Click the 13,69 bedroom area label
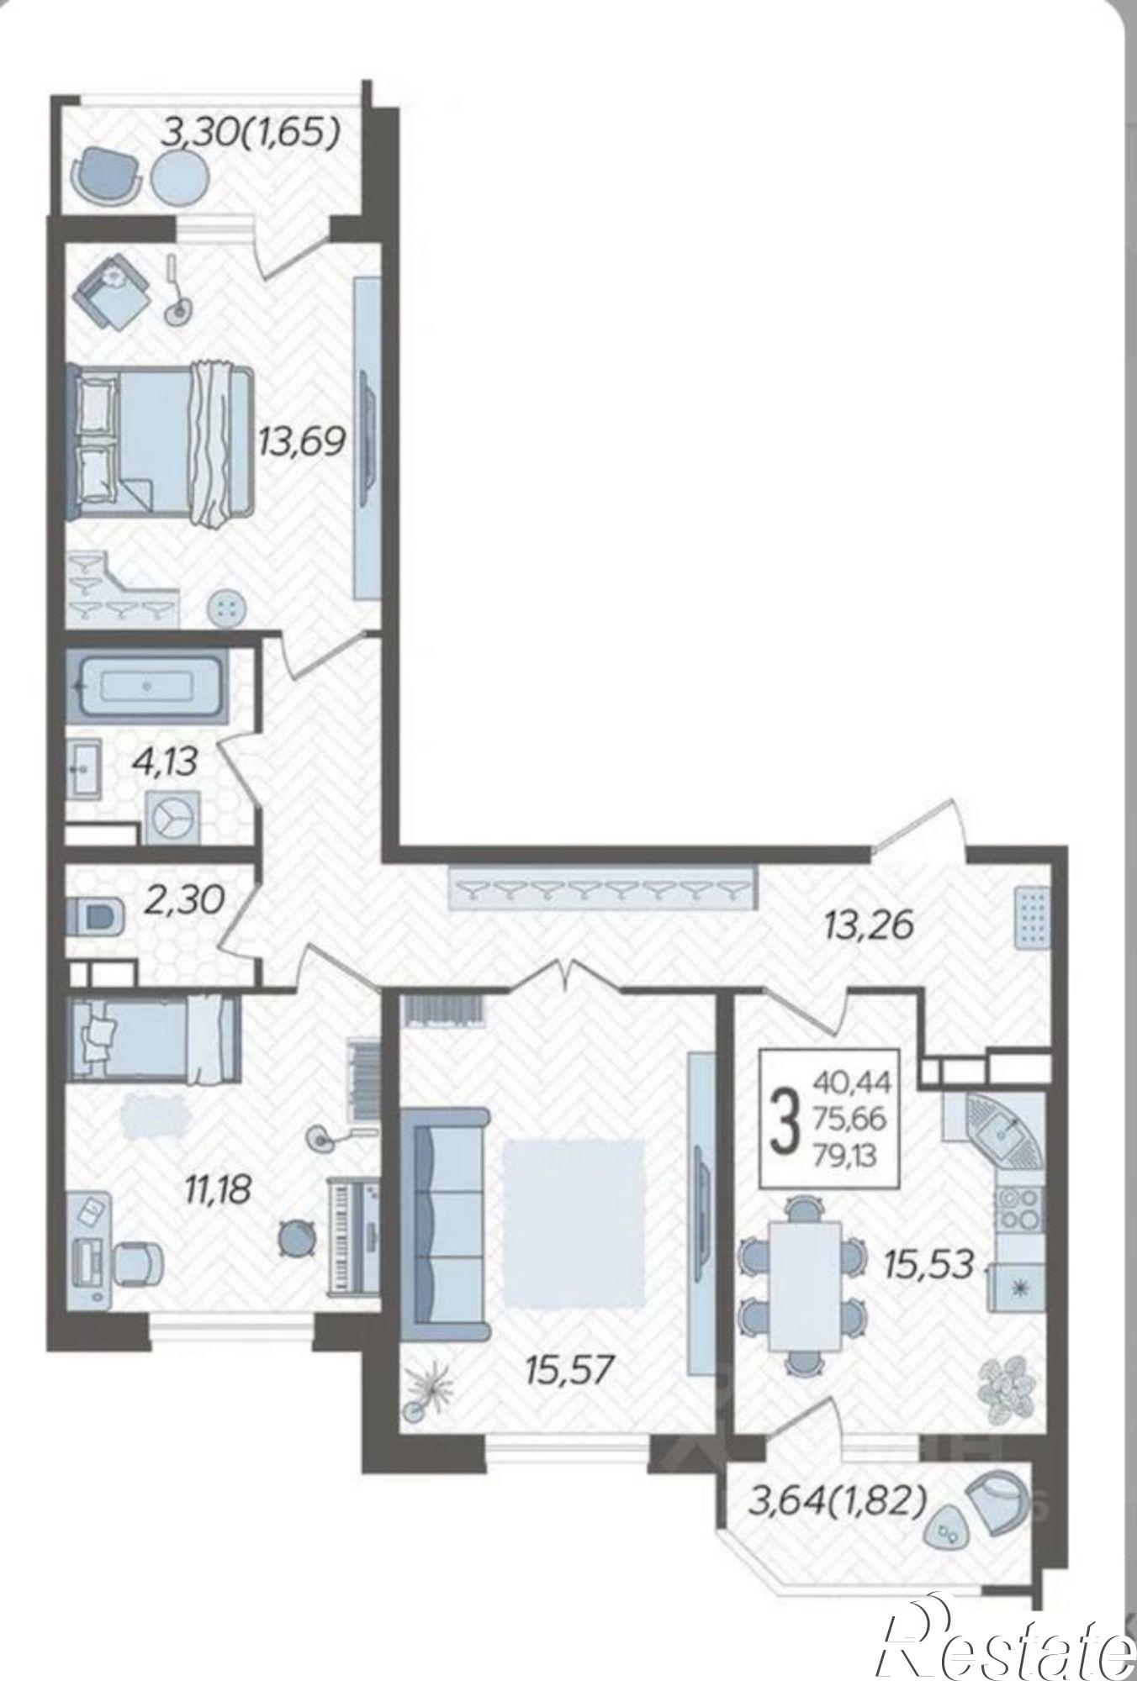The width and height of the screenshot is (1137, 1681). [x=303, y=440]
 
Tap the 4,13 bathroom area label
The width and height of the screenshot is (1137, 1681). [x=165, y=762]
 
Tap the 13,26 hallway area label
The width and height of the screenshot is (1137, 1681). [x=869, y=925]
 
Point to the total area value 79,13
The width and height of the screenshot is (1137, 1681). [x=845, y=1157]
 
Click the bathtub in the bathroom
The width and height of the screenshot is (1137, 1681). [x=147, y=686]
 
